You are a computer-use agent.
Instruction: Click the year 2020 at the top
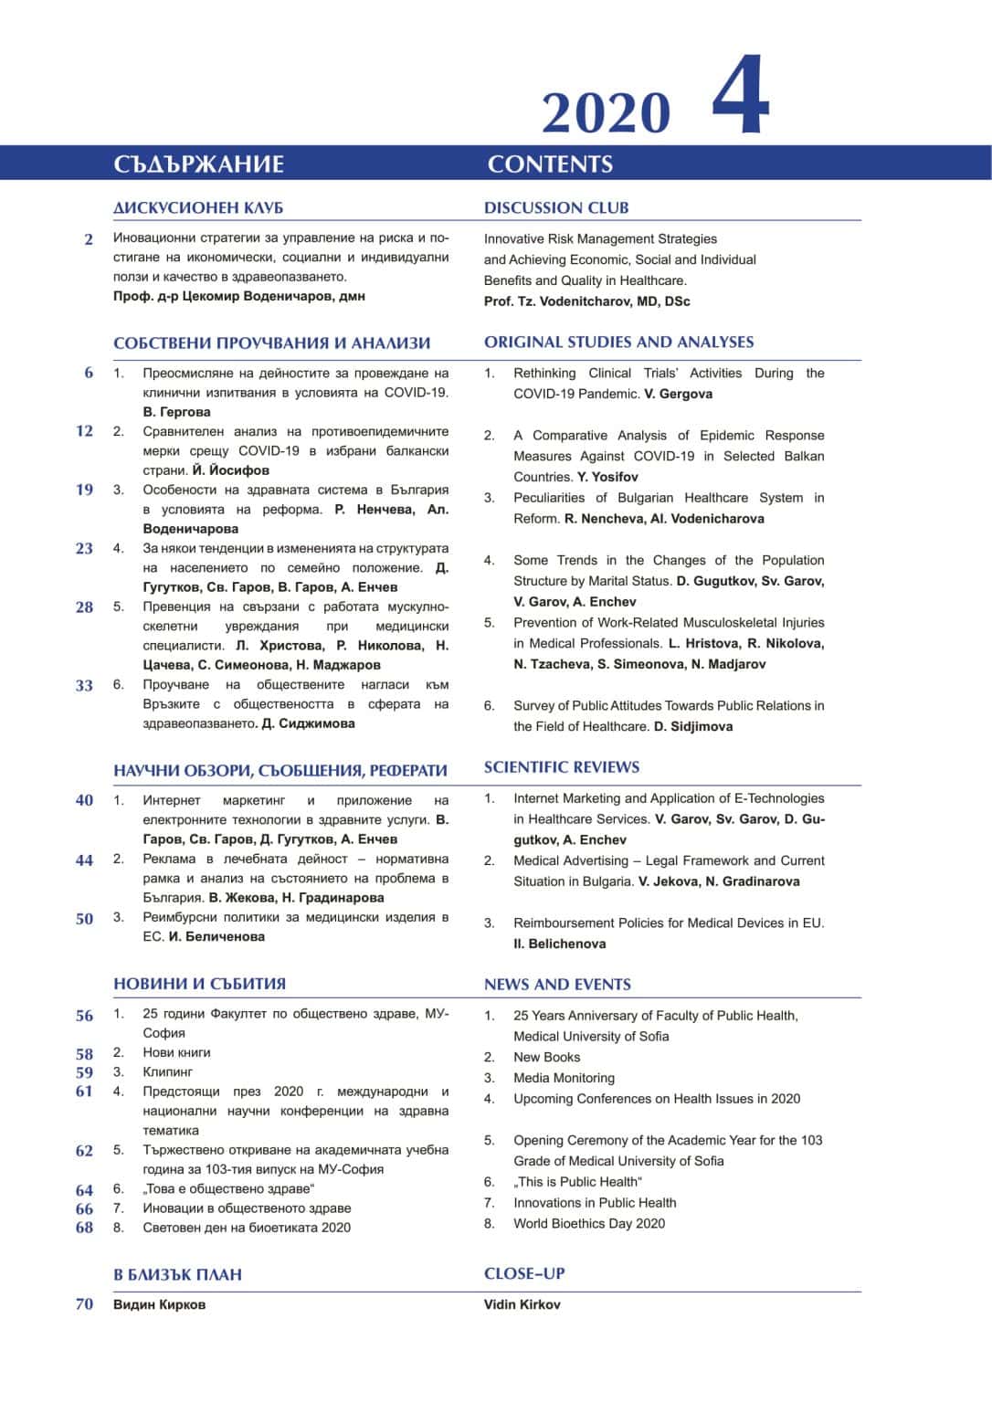[x=606, y=113]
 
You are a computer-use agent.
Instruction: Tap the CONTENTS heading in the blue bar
[x=550, y=164]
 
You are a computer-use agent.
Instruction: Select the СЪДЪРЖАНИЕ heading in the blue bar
[x=198, y=164]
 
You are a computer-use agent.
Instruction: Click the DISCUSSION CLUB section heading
[x=556, y=207]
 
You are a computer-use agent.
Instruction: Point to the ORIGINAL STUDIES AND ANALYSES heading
[x=618, y=343]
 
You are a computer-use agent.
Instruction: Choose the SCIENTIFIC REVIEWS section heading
[x=562, y=767]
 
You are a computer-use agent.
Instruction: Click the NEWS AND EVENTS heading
[x=557, y=985]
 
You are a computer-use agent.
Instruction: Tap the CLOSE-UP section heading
[x=524, y=1273]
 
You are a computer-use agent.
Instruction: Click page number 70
[x=84, y=1304]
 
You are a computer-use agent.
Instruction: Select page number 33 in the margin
[x=84, y=685]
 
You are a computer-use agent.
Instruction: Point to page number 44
[x=84, y=860]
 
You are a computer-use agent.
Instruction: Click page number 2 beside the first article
[x=89, y=239]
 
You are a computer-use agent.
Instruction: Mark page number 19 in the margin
[x=84, y=490]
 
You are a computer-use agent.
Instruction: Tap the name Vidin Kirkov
[x=522, y=1304]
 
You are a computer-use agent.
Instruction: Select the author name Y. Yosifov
[x=607, y=477]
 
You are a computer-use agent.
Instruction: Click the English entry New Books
[x=546, y=1058]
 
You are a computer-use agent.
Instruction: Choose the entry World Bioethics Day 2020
[x=589, y=1224]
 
